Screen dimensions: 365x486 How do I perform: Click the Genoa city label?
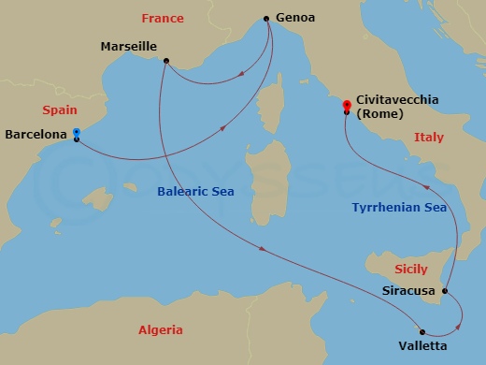click(x=295, y=18)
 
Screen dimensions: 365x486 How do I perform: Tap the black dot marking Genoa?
click(x=267, y=18)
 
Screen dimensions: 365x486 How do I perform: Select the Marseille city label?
click(x=128, y=46)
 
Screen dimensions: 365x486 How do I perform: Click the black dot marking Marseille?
click(x=165, y=62)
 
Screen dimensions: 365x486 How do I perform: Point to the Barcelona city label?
click(x=36, y=134)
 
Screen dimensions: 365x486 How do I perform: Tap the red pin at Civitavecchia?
click(x=347, y=106)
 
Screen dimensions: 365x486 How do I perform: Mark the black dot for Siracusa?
click(x=444, y=291)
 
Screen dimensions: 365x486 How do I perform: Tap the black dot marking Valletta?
click(x=422, y=331)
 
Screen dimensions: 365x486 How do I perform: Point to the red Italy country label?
click(x=428, y=138)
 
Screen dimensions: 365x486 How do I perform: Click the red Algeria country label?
click(x=160, y=329)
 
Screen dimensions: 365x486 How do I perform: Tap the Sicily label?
click(x=411, y=269)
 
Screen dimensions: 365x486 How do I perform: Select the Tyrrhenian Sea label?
click(x=399, y=207)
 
